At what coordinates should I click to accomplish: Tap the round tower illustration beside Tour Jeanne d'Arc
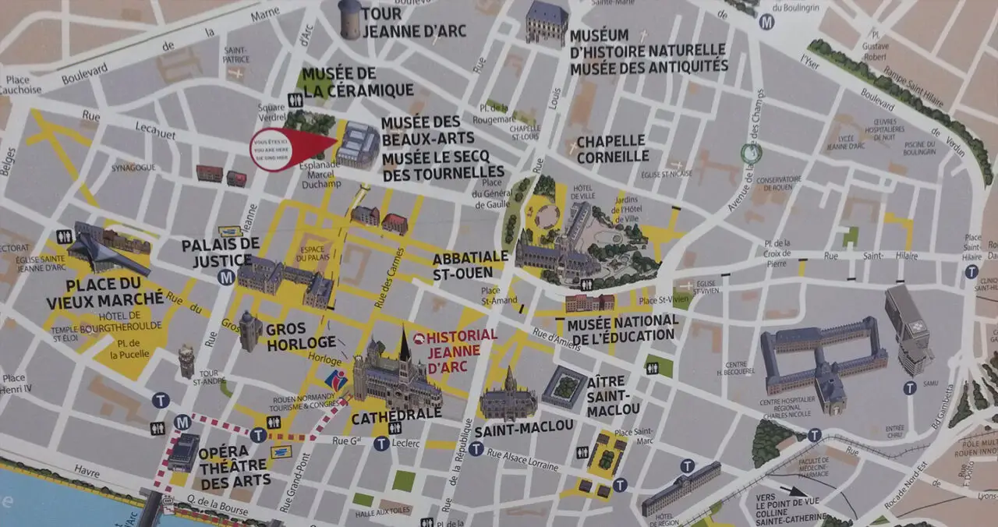(x=350, y=19)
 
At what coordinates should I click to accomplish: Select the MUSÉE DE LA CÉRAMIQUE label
(x=357, y=82)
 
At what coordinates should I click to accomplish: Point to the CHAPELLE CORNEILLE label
(x=612, y=148)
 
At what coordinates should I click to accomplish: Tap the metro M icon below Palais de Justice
(x=226, y=277)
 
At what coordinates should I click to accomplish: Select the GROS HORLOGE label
(x=301, y=335)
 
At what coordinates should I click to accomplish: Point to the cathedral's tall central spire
(x=404, y=345)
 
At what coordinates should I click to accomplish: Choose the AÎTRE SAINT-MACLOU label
(x=614, y=396)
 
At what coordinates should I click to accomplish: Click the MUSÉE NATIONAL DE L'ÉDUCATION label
(x=623, y=328)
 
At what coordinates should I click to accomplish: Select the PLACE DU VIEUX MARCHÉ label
(x=105, y=292)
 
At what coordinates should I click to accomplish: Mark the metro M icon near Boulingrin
(x=767, y=22)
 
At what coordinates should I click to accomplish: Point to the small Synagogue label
(x=129, y=168)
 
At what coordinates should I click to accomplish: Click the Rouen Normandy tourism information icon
(x=336, y=382)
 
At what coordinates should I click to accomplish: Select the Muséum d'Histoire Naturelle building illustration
(x=547, y=22)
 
